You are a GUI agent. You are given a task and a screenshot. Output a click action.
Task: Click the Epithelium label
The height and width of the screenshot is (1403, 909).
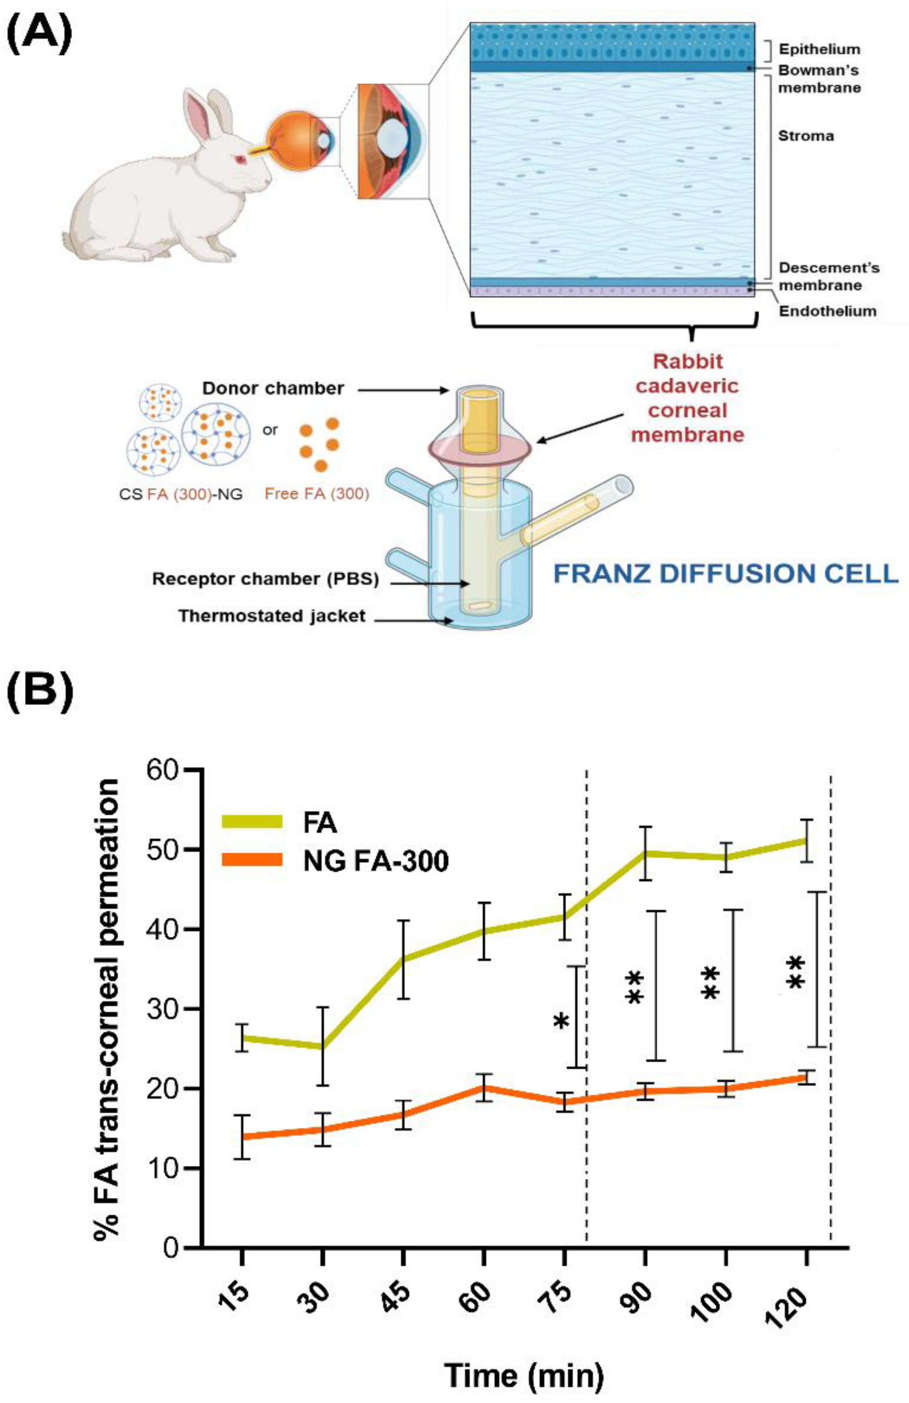coord(819,49)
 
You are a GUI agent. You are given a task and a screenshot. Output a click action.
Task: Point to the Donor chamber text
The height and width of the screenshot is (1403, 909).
coord(273,388)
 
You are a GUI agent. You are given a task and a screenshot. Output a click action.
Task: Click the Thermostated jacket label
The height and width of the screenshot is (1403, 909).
coord(272,616)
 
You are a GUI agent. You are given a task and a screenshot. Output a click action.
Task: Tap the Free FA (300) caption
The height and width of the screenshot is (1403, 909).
coord(316,494)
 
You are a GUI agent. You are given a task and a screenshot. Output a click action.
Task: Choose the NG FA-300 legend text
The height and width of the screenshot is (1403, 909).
coord(376,861)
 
